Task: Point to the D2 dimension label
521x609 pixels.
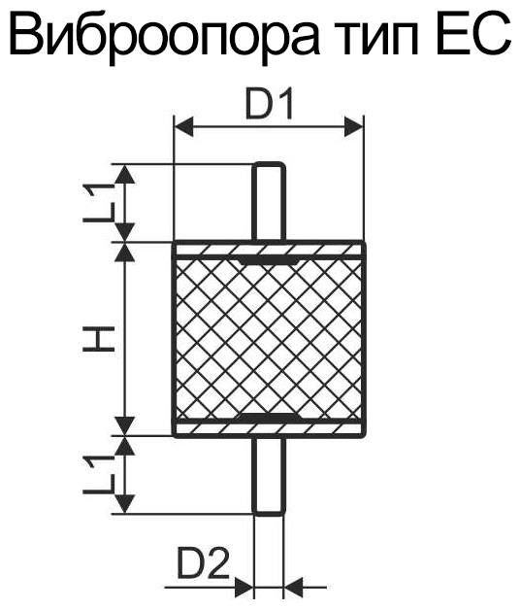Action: [202, 562]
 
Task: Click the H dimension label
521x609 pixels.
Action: [99, 338]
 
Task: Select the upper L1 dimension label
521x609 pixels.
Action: [99, 202]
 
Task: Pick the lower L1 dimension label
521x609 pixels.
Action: [99, 475]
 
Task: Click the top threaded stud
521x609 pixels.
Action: [269, 202]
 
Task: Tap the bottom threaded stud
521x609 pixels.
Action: [269, 476]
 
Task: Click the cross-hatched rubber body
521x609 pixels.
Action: [269, 339]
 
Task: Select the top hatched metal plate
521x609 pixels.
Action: [269, 250]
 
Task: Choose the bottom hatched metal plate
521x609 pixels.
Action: [269, 428]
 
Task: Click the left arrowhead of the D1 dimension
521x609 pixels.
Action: [184, 126]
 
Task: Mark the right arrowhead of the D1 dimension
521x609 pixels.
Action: [354, 126]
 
